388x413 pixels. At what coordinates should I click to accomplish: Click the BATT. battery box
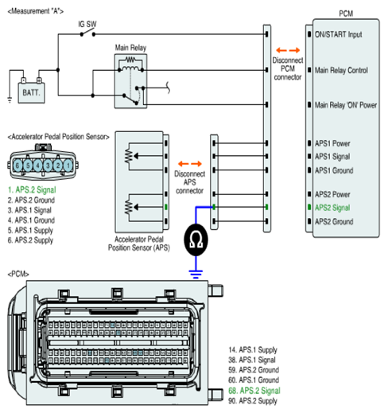(x=31, y=92)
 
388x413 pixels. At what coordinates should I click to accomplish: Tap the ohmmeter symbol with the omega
(x=196, y=240)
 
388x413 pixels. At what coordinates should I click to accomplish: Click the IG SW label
(x=87, y=24)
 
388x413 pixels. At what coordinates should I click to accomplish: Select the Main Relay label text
(x=130, y=48)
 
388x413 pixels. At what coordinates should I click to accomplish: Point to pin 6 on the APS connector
(x=17, y=166)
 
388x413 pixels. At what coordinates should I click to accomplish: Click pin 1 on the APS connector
(x=68, y=166)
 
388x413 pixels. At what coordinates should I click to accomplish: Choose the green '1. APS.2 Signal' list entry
(x=32, y=190)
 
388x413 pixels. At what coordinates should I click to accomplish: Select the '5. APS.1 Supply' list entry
(x=30, y=230)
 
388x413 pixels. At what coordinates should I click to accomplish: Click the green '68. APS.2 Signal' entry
(x=254, y=391)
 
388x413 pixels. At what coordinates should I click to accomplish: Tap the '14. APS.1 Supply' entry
(x=253, y=350)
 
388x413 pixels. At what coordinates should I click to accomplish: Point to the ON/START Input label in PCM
(x=338, y=34)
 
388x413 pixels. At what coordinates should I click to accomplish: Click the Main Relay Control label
(x=341, y=70)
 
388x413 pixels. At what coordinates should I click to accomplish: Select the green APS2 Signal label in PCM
(x=332, y=208)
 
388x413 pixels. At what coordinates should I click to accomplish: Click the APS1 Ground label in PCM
(x=334, y=170)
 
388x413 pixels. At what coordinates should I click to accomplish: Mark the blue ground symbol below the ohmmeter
(x=196, y=274)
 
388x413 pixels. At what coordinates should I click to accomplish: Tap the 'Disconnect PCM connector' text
(x=288, y=68)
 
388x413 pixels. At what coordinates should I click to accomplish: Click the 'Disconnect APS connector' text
(x=189, y=182)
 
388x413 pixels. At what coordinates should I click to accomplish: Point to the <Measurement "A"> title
(x=36, y=11)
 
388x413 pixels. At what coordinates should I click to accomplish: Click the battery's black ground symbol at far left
(x=10, y=100)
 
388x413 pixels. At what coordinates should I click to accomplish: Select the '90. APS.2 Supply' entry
(x=253, y=401)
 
